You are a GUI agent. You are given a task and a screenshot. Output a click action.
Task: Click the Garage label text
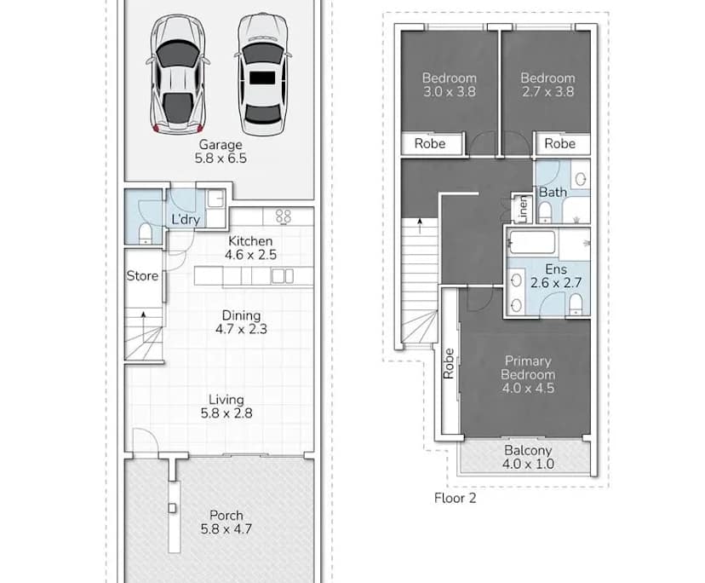221,145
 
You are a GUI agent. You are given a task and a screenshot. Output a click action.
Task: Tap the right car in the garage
261,75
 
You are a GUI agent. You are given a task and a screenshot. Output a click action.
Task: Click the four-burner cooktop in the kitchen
284,217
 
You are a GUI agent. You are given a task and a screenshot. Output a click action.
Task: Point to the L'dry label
186,220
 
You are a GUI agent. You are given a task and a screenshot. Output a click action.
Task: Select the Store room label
142,275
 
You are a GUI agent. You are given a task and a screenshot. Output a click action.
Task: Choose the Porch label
226,515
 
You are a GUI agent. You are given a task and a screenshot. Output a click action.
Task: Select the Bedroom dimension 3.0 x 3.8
449,92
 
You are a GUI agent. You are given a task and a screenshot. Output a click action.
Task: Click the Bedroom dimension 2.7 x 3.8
547,92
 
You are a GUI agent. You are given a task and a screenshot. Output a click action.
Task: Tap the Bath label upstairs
553,192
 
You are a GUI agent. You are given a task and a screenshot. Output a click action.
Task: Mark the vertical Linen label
521,208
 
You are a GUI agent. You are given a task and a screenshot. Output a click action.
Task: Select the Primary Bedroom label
527,367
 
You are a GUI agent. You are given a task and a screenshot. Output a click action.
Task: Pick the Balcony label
528,450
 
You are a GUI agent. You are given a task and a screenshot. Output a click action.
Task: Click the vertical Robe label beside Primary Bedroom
448,364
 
